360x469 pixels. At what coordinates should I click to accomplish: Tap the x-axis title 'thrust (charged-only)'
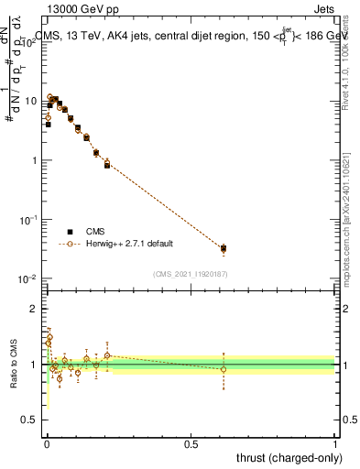(x=291, y=457)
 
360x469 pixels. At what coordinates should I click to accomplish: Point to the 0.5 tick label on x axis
(x=191, y=442)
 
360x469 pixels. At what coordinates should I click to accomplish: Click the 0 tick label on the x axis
(x=47, y=442)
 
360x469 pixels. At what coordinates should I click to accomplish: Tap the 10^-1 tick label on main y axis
(x=27, y=220)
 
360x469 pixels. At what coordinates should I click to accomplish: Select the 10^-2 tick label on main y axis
(x=27, y=278)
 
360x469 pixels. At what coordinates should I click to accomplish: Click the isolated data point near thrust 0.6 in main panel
(x=224, y=248)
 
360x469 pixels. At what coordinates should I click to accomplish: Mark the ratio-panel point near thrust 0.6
(x=224, y=369)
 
